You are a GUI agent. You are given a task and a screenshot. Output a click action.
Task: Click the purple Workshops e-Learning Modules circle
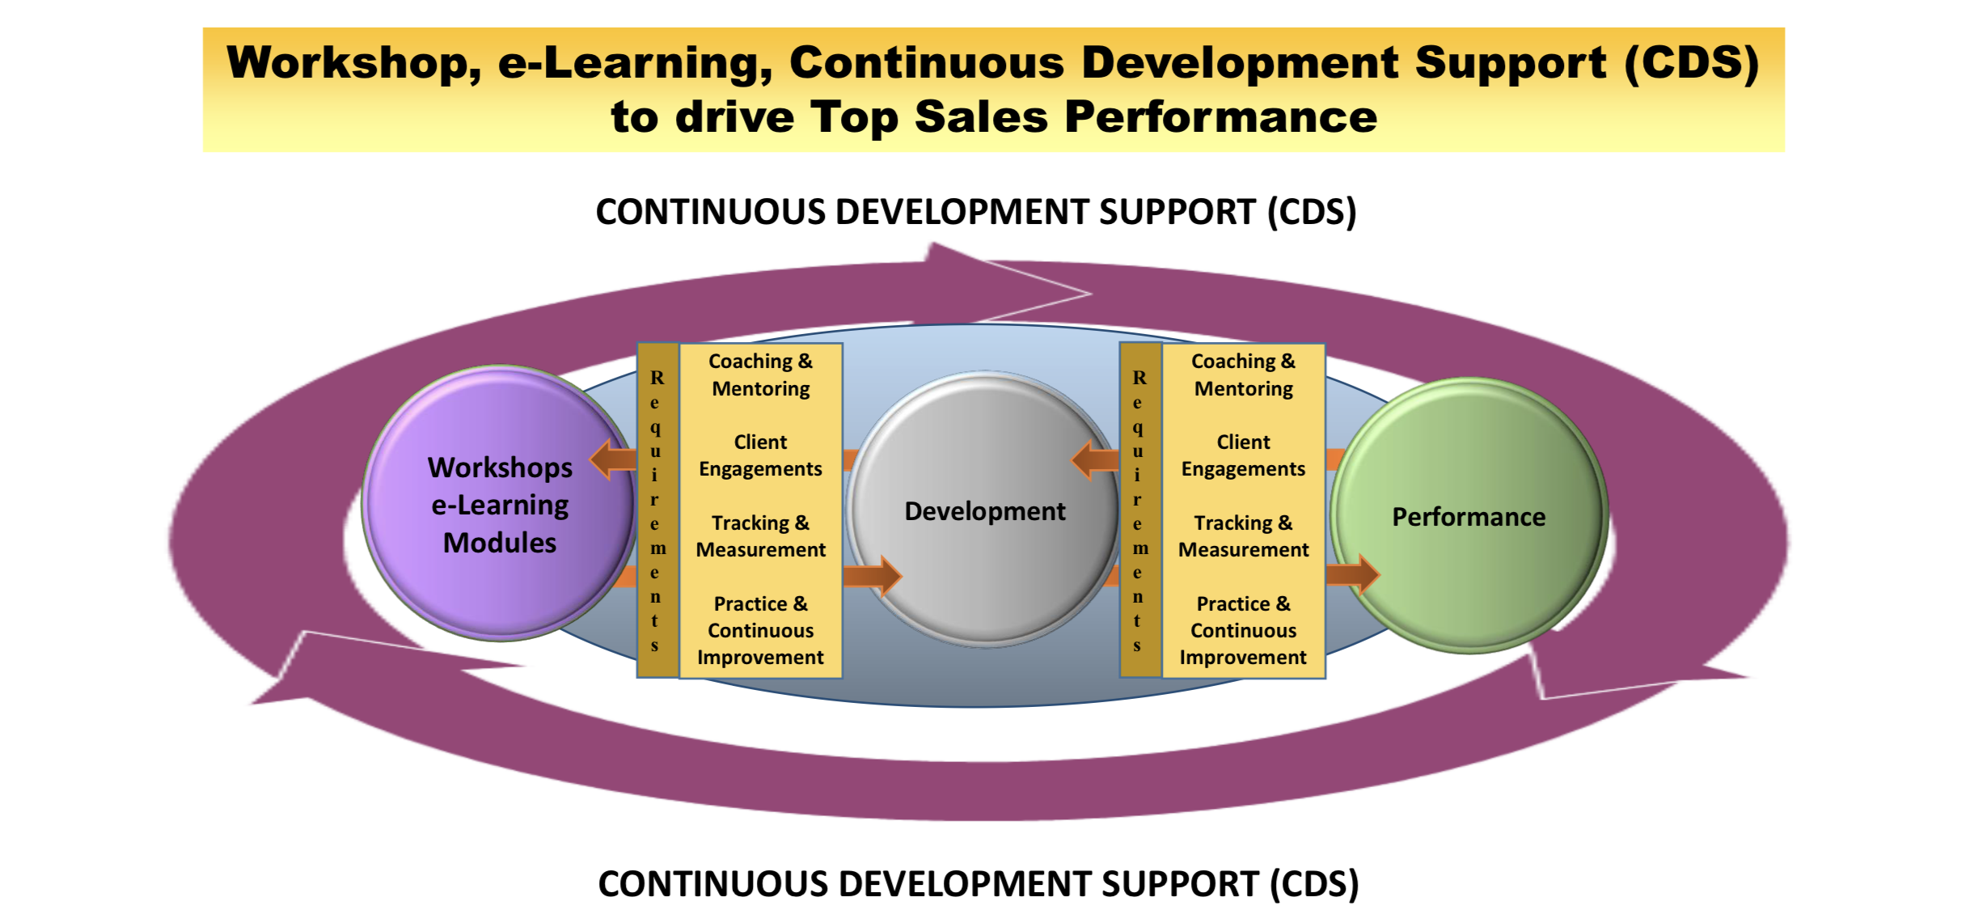point(500,503)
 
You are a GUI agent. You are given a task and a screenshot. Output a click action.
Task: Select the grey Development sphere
point(984,510)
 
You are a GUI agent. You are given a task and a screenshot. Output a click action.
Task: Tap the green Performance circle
point(1469,515)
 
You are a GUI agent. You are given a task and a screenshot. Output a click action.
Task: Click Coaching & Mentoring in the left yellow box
point(761,375)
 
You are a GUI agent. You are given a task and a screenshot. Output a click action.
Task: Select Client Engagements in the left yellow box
point(760,455)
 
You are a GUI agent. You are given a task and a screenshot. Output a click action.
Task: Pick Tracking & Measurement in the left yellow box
point(760,536)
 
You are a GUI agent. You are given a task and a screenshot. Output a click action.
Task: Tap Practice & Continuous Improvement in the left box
point(760,630)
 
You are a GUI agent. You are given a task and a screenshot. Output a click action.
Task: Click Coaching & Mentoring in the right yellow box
point(1244,375)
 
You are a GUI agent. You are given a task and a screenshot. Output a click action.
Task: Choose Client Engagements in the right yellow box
point(1243,455)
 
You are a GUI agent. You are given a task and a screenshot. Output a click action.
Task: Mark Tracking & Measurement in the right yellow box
point(1243,536)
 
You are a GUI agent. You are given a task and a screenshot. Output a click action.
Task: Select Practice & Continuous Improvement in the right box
point(1243,630)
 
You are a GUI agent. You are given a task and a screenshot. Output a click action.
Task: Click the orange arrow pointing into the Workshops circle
point(613,459)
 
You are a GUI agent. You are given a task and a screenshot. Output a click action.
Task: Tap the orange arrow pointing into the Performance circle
point(1353,574)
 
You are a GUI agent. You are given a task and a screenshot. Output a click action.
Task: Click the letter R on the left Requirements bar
point(657,378)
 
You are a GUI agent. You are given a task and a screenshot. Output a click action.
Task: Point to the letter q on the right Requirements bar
point(1139,427)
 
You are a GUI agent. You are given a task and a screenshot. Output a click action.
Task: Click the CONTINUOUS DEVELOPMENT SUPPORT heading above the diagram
point(976,212)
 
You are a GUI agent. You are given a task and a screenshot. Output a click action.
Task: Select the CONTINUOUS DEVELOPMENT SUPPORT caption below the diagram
point(979,884)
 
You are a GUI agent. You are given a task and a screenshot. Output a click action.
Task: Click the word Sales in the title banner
point(981,116)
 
